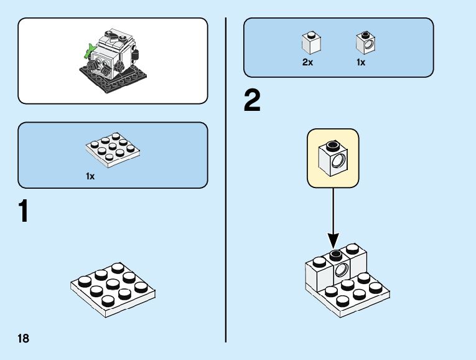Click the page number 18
[24, 338]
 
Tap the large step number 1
[23, 212]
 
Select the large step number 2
[252, 102]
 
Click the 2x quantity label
[307, 63]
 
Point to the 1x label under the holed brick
[362, 63]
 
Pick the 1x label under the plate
[90, 176]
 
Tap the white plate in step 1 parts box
[110, 150]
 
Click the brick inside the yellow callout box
[333, 159]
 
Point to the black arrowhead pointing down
[333, 240]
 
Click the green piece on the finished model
[91, 47]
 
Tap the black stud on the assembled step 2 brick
[336, 254]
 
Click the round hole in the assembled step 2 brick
[340, 270]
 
